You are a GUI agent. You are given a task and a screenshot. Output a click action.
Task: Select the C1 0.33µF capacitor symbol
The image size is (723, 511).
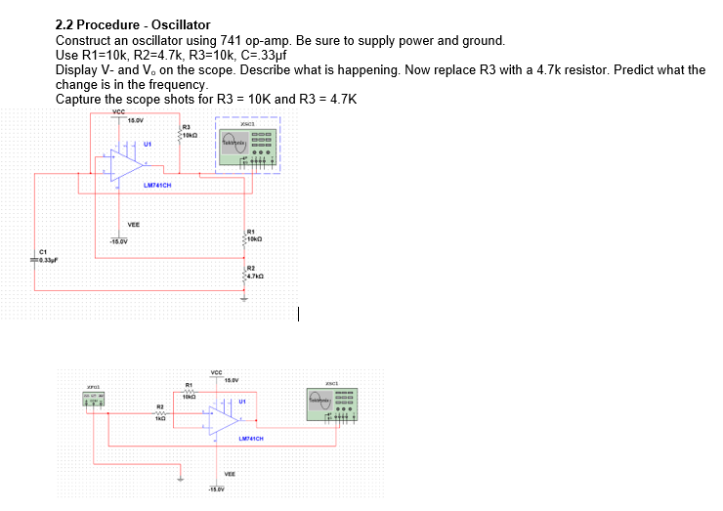pos(37,256)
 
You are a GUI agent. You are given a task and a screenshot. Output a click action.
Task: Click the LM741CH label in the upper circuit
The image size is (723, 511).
pos(157,185)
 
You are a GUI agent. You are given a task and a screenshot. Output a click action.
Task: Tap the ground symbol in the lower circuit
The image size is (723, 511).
pos(179,479)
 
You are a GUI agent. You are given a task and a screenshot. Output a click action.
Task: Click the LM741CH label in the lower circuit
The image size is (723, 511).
pos(253,439)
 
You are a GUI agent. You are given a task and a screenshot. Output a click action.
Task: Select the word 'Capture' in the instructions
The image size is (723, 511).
pos(79,99)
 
